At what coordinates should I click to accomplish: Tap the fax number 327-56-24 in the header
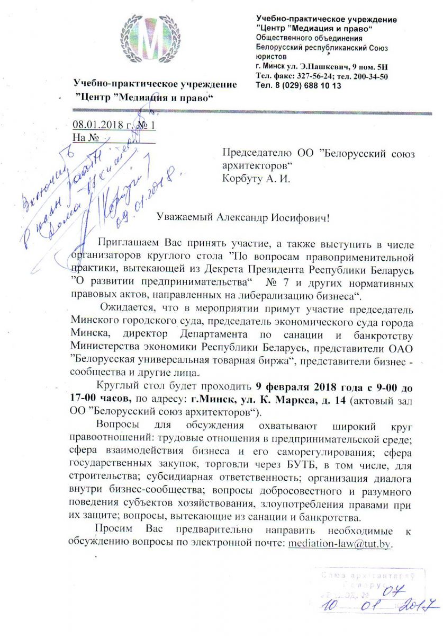(303, 76)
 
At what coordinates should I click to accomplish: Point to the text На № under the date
(86, 138)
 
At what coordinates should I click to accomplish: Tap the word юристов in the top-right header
(271, 57)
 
